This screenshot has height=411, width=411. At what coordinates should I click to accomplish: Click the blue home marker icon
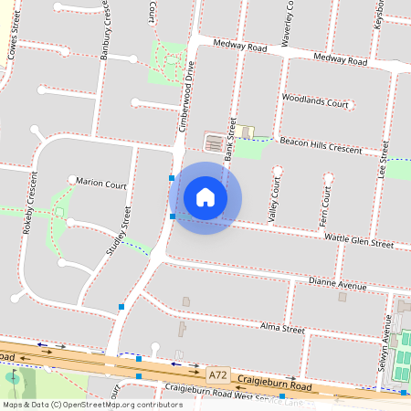tap(205, 196)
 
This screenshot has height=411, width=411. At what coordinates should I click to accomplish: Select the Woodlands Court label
tap(316, 100)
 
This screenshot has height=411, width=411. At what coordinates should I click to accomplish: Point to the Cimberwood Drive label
tap(185, 95)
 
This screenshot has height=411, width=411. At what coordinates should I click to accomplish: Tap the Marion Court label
tap(101, 184)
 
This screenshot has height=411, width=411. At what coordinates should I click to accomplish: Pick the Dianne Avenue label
tap(338, 285)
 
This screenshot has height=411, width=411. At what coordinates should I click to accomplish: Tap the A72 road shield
tap(217, 374)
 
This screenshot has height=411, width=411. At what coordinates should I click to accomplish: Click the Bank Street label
tap(230, 139)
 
